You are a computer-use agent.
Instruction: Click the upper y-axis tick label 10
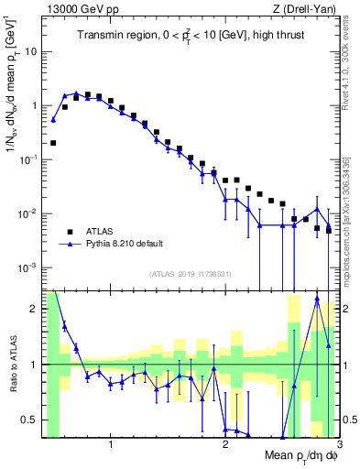[31, 51]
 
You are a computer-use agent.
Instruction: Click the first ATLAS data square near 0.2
[53, 143]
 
